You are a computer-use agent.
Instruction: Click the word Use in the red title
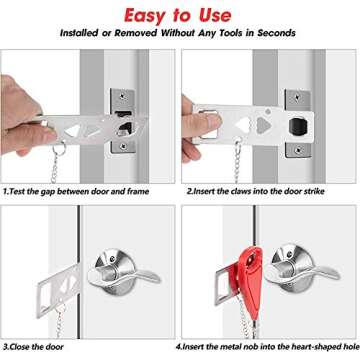[236, 15]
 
